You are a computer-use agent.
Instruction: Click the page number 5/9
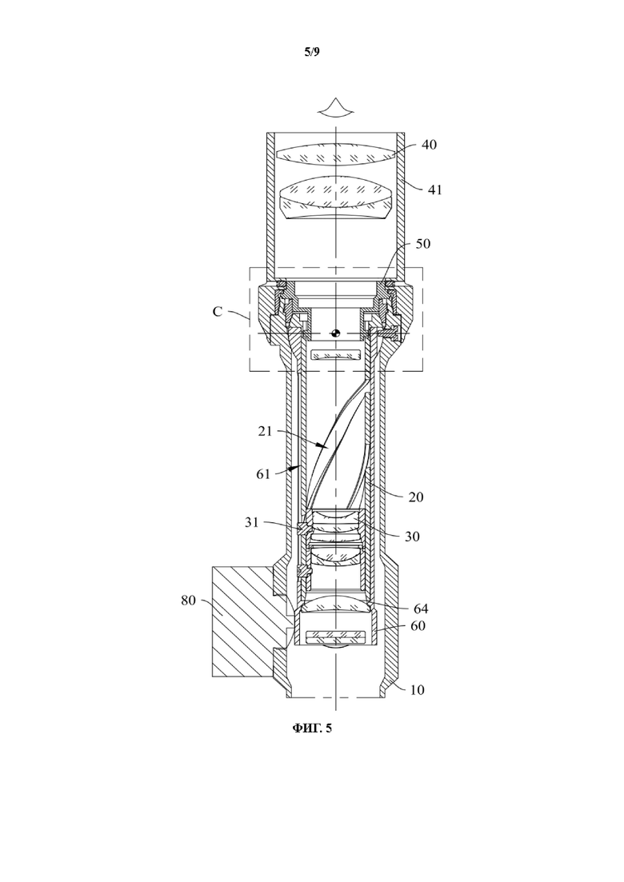tap(312, 52)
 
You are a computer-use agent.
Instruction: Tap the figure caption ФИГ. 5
tap(312, 728)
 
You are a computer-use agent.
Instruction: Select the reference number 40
tap(429, 145)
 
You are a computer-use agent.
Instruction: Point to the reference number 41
tap(435, 190)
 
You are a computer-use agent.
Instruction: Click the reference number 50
tap(422, 244)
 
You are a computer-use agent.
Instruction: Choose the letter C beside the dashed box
tap(217, 312)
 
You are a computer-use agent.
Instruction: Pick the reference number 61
tap(263, 473)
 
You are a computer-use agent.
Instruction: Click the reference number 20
tap(416, 497)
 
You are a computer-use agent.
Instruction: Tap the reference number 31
tap(251, 522)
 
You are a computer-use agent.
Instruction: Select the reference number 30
tap(413, 536)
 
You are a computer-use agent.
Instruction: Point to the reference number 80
tap(188, 601)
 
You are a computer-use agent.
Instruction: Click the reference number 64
tap(421, 609)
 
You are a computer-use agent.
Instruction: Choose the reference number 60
tap(418, 625)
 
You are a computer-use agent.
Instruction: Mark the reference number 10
tap(417, 689)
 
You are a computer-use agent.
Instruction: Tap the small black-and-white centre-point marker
tap(336, 333)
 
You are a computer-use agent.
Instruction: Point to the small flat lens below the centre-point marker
tap(335, 355)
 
